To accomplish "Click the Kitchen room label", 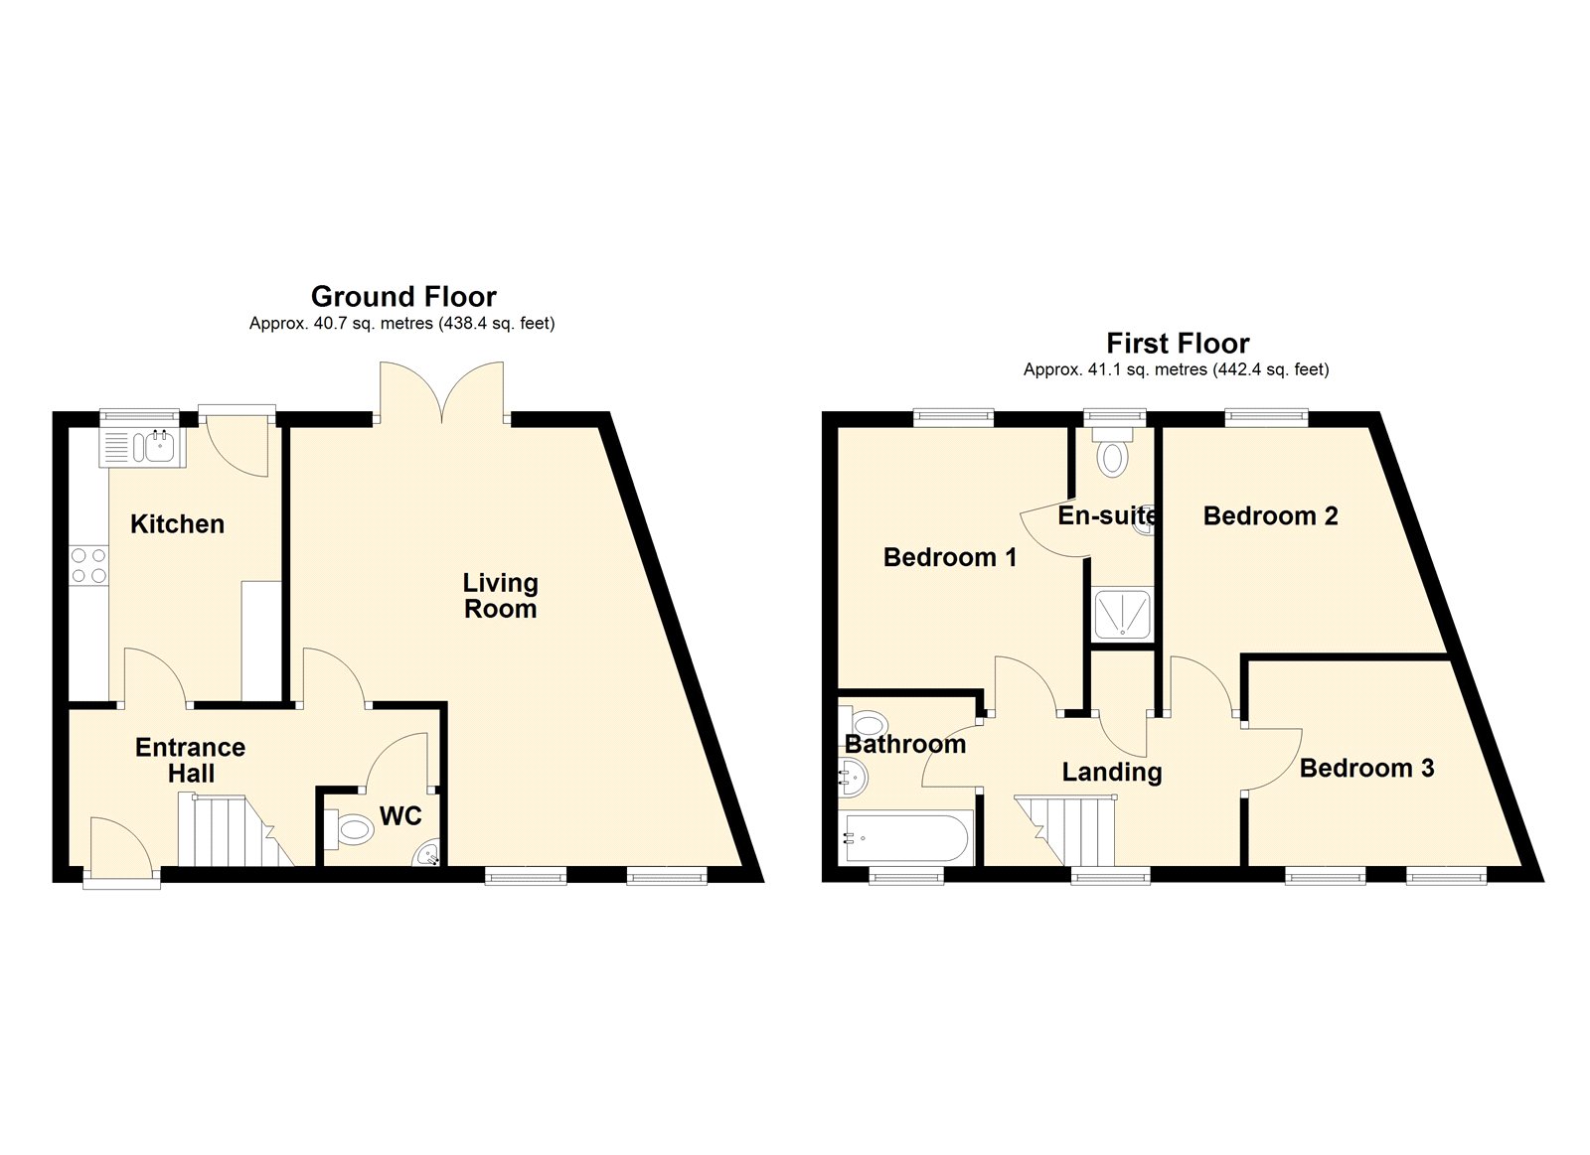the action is click(x=178, y=524).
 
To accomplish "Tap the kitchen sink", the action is click(x=142, y=447).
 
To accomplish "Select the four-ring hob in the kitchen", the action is click(x=88, y=565).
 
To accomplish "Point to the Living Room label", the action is click(x=501, y=596).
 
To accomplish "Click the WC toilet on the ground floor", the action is click(x=349, y=828).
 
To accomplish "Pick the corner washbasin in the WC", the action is click(x=428, y=854).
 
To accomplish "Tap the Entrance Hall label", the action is click(x=190, y=760).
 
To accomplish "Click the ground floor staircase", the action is click(x=236, y=831).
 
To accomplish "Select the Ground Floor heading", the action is click(x=403, y=296).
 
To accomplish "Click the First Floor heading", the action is click(x=1178, y=344).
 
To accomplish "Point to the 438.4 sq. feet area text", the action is click(x=497, y=324).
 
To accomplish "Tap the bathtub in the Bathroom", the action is click(x=903, y=838).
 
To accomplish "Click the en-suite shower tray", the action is click(x=1122, y=613).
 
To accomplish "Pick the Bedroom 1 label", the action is click(x=950, y=557).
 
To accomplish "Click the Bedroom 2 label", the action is click(x=1271, y=515).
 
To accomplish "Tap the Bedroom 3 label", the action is click(x=1366, y=768).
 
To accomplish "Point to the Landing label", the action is click(x=1112, y=773).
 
